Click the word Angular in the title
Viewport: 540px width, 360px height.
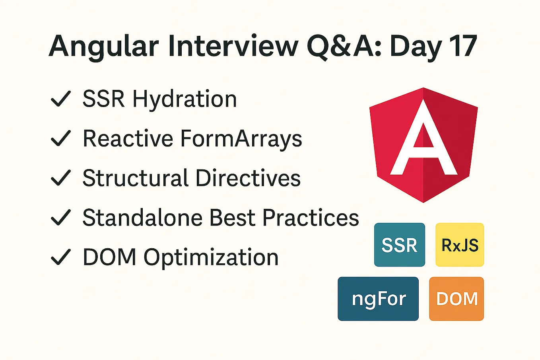coord(104,47)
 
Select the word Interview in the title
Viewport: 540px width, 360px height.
coord(233,46)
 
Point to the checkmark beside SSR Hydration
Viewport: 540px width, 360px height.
coord(61,99)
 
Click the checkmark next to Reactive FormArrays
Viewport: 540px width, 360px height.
coord(61,138)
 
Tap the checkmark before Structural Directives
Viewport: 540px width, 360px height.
coord(61,178)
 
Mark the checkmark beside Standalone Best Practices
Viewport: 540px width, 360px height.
coord(61,218)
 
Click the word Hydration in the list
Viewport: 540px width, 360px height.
coord(185,99)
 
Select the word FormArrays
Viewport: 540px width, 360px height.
coord(241,138)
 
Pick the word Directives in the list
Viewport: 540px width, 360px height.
coord(248,178)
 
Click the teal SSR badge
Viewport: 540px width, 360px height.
coord(399,245)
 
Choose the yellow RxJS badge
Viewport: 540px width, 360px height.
coord(460,245)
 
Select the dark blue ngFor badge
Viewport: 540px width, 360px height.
coord(378,299)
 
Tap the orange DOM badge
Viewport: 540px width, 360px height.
coord(456,299)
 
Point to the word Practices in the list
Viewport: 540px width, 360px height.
coord(311,218)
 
